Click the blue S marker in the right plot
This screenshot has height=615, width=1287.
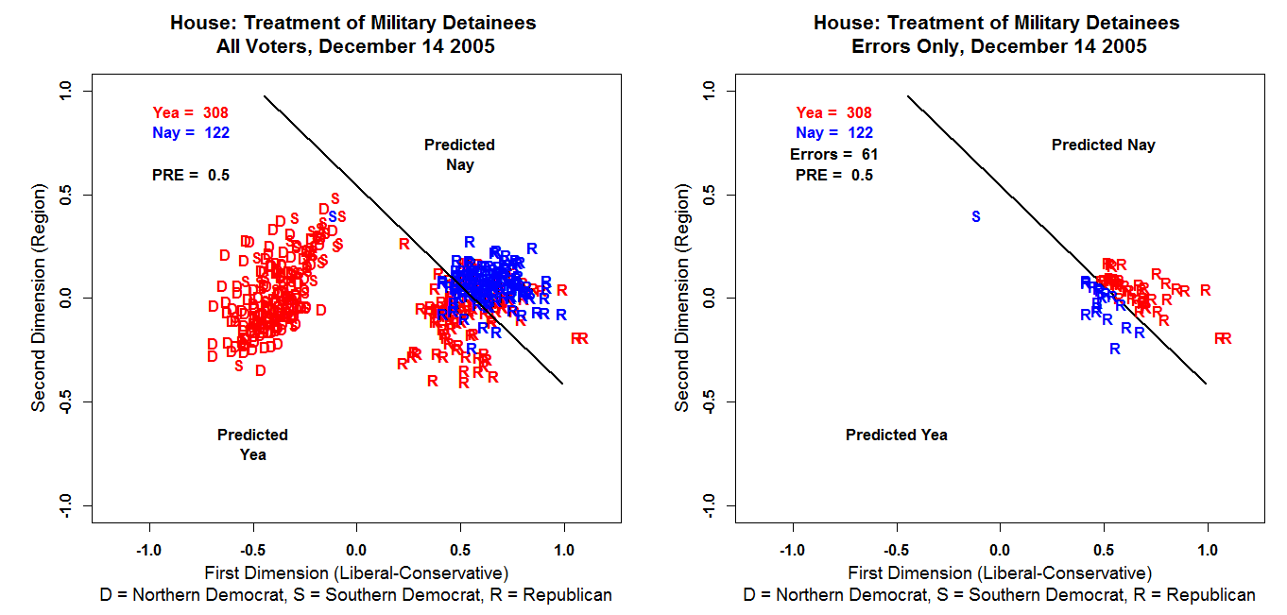pos(976,216)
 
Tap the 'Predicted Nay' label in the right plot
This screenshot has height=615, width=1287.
pos(1103,145)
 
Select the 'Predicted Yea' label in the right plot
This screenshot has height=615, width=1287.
pos(896,435)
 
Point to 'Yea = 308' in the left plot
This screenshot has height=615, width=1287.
pos(190,113)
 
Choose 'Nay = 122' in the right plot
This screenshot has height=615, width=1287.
pos(834,133)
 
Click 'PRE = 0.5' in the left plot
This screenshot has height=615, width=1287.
pos(190,175)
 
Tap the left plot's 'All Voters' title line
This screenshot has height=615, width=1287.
pos(355,46)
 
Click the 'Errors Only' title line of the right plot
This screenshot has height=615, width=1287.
pos(999,46)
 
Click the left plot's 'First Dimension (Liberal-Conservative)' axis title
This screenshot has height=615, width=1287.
pos(356,572)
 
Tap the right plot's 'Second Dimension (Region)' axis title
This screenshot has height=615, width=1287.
pos(681,299)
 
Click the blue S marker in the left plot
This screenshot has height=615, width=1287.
pos(332,216)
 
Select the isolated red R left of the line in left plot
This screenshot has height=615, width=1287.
pos(404,243)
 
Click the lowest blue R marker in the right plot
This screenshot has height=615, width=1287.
pos(1114,349)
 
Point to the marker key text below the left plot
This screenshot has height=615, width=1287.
pos(355,595)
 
